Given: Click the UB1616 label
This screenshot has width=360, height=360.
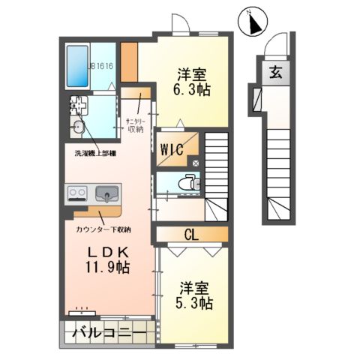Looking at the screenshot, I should tap(100, 66).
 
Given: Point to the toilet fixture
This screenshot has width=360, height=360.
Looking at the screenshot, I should tap(188, 181).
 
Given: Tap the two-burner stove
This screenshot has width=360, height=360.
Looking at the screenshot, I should tap(77, 193).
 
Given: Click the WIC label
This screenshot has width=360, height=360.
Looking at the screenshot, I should tap(171, 147).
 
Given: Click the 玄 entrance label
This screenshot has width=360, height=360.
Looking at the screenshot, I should tap(275, 73).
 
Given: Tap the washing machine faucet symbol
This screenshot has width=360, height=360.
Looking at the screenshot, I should tap(76, 103).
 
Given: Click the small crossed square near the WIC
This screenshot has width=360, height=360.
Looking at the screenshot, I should tap(196, 160).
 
